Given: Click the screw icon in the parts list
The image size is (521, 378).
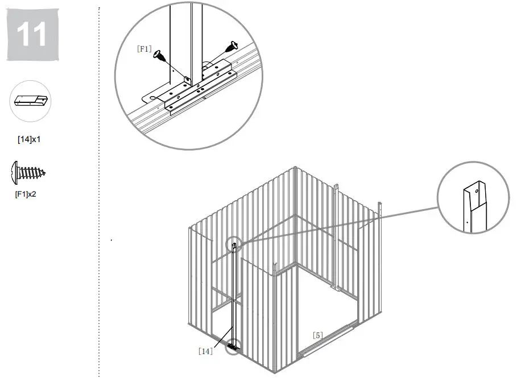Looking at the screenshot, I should click(28, 172).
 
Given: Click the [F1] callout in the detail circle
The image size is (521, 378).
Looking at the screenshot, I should click(144, 49).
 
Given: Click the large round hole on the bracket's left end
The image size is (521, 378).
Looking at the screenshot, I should click(153, 98).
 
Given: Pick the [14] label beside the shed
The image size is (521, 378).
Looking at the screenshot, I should click(205, 351).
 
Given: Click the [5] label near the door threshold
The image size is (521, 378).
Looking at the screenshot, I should click(317, 335).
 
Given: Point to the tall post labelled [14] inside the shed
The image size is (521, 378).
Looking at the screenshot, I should click(233, 296).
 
